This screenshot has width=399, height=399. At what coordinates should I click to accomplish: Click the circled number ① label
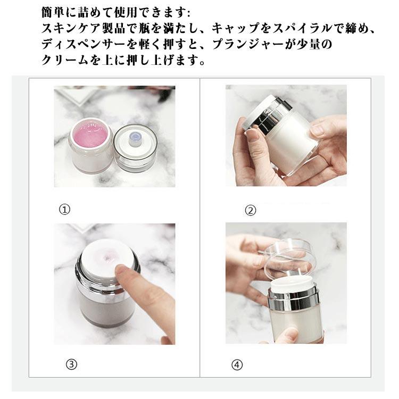(64, 210)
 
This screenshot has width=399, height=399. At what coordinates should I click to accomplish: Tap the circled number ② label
(251, 211)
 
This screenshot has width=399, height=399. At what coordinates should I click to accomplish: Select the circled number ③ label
(71, 364)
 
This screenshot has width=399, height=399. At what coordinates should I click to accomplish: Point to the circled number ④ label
(237, 365)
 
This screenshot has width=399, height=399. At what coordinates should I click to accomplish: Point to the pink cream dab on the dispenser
(109, 257)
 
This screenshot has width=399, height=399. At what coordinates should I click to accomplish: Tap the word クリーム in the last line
(64, 60)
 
